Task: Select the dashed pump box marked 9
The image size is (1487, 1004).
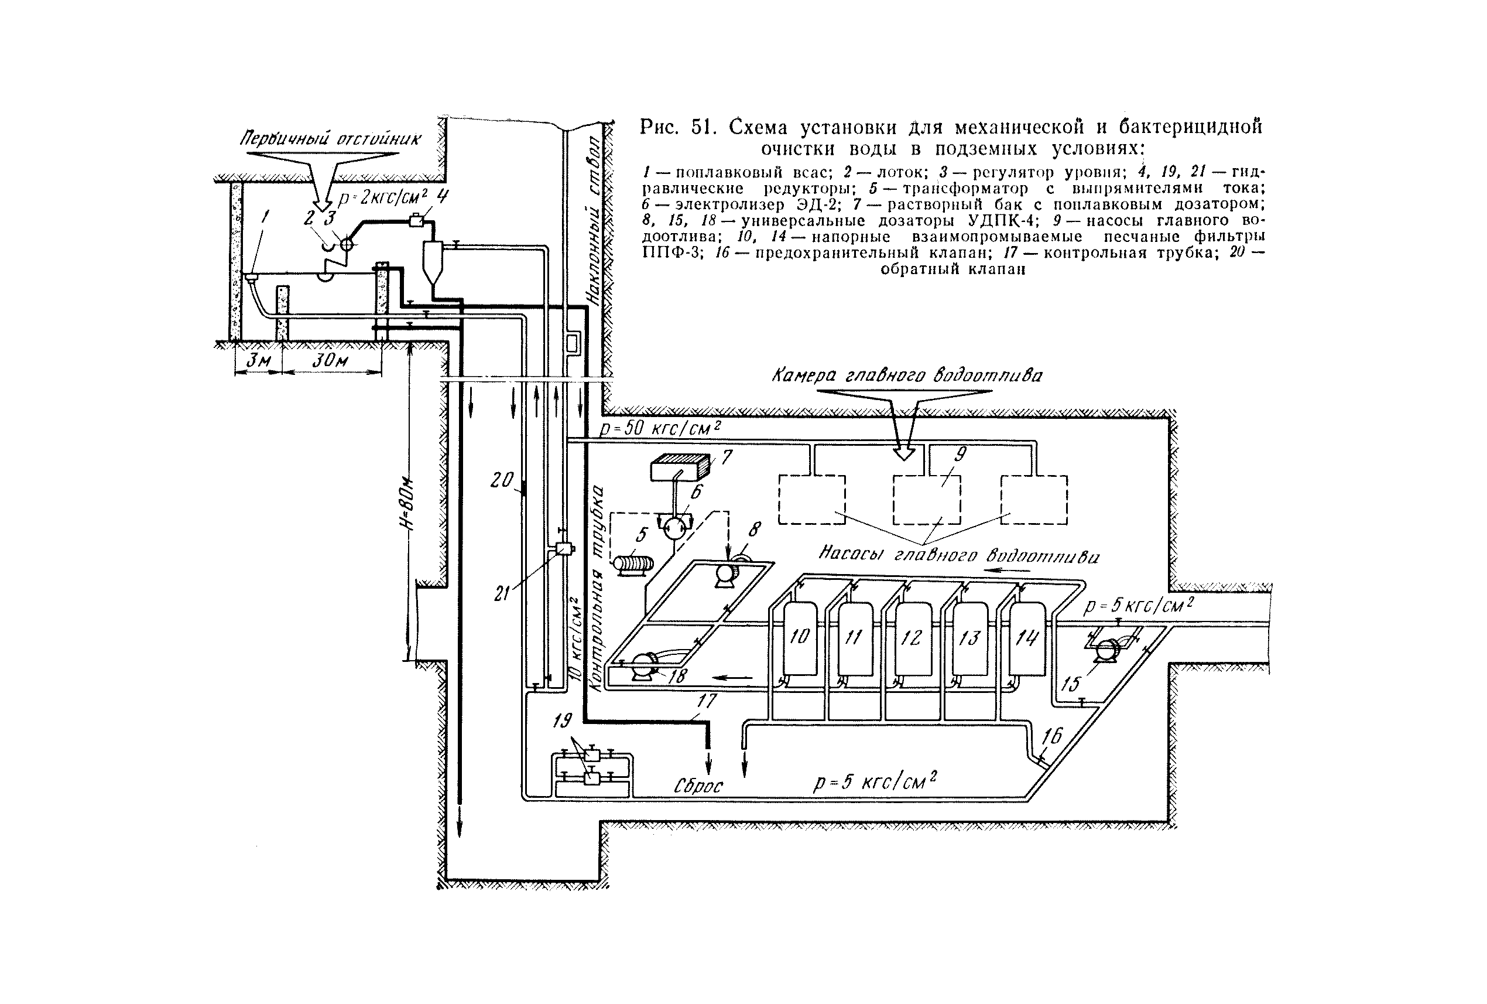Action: pos(927,500)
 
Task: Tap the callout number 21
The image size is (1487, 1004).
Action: pos(502,593)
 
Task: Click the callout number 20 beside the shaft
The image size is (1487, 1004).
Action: pos(502,480)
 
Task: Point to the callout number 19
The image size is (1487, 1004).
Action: pos(562,722)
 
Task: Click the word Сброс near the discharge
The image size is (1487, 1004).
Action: pos(698,786)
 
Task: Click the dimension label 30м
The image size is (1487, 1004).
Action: pos(330,361)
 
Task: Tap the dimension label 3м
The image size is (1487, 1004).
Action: pos(259,361)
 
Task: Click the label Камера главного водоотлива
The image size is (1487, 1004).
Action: pos(907,375)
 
